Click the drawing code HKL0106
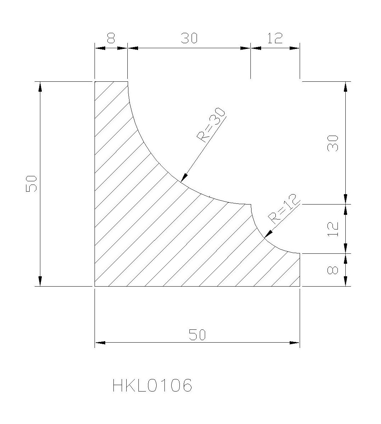(152, 385)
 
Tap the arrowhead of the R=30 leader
(184, 177)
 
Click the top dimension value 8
(111, 38)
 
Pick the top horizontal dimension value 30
(189, 38)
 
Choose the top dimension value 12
(275, 38)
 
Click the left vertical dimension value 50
(31, 183)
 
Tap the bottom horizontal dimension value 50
(197, 335)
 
